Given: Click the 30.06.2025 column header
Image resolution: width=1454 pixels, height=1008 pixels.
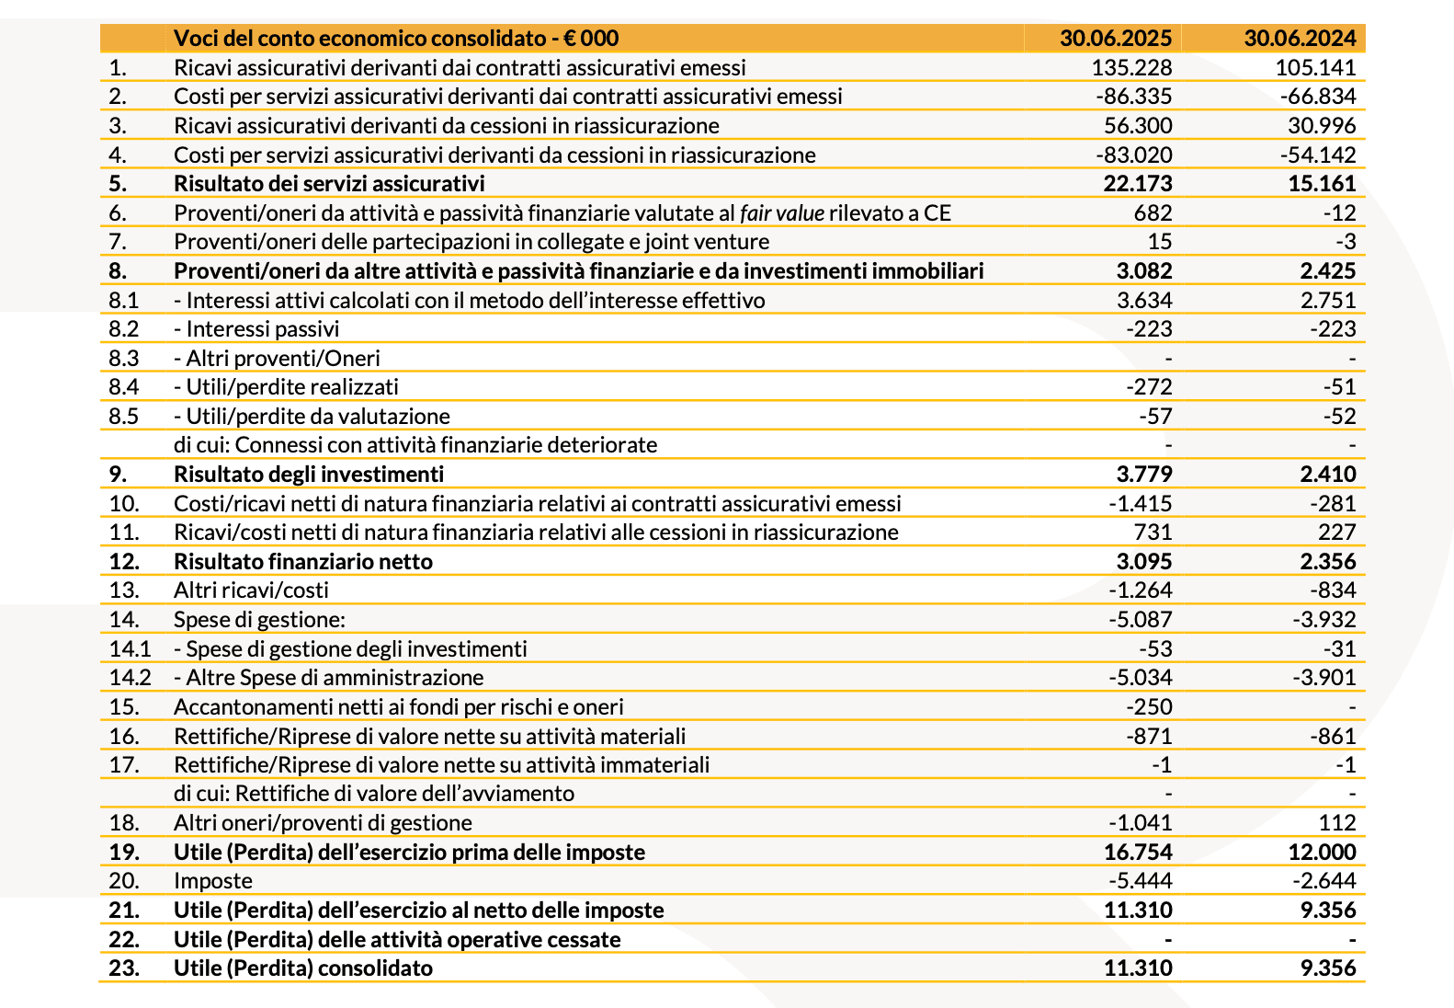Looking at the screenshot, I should point(1115,38).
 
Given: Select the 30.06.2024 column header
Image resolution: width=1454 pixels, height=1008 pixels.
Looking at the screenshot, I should point(1300,38).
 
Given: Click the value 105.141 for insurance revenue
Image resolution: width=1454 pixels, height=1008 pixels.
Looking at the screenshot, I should point(1315,67).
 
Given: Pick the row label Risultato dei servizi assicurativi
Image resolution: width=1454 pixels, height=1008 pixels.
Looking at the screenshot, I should point(329,183).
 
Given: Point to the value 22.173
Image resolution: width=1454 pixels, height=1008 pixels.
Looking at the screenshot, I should point(1138,183).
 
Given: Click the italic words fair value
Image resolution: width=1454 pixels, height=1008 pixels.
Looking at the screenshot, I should point(781,212).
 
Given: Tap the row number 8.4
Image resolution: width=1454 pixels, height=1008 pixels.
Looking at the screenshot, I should point(123,386).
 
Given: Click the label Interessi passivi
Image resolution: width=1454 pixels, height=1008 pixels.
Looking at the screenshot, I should point(262,328).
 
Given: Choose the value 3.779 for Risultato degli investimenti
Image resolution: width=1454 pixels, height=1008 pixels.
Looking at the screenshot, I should point(1144,474).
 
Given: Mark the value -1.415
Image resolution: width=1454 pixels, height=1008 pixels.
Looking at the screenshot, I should point(1141,503).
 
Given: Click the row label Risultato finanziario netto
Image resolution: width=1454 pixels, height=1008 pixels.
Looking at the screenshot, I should point(303,561).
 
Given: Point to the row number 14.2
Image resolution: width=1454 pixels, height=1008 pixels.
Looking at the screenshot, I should point(130,677).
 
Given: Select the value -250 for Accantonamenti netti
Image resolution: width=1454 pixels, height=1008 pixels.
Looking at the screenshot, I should point(1149,706).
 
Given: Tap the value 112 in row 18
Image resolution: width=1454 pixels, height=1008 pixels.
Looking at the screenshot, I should point(1336,822).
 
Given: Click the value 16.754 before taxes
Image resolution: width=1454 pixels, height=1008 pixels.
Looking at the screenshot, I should point(1138,852).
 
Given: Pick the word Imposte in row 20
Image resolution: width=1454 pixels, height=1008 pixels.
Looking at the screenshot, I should point(213,880).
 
